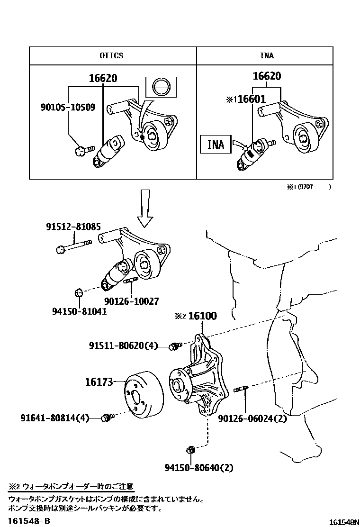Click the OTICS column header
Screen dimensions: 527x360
[111, 55]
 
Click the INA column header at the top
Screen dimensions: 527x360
[267, 55]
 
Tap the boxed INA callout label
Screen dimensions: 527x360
[216, 144]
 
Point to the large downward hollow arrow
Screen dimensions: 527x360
[145, 207]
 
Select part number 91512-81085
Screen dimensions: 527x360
[73, 227]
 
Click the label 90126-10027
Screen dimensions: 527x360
[132, 301]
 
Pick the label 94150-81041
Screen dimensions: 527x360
[79, 311]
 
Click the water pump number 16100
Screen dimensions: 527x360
[202, 316]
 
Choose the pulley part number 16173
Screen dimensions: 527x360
[100, 382]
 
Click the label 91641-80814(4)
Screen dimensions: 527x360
[54, 418]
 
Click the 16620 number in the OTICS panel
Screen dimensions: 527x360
[103, 79]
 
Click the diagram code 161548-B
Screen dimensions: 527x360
[28, 521]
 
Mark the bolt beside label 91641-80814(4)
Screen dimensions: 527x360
[108, 418]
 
